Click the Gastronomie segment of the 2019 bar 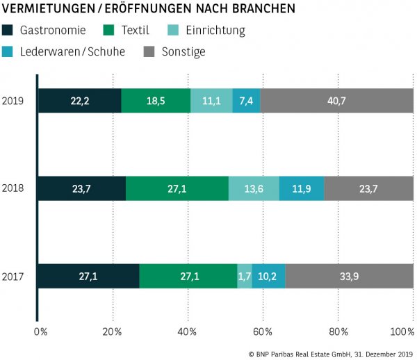pyautogui.click(x=79, y=101)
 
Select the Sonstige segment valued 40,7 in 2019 pyautogui.click(x=336, y=101)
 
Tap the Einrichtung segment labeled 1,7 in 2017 pyautogui.click(x=245, y=276)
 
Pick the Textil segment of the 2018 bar pyautogui.click(x=177, y=188)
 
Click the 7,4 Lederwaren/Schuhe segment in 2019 pyautogui.click(x=246, y=101)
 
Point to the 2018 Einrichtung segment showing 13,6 pyautogui.click(x=254, y=188)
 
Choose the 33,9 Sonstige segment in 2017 pyautogui.click(x=349, y=276)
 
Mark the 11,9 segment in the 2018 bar pyautogui.click(x=302, y=188)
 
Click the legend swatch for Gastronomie pyautogui.click(x=8, y=31)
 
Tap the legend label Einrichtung pyautogui.click(x=216, y=31)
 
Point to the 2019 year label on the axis pyautogui.click(x=14, y=101)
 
